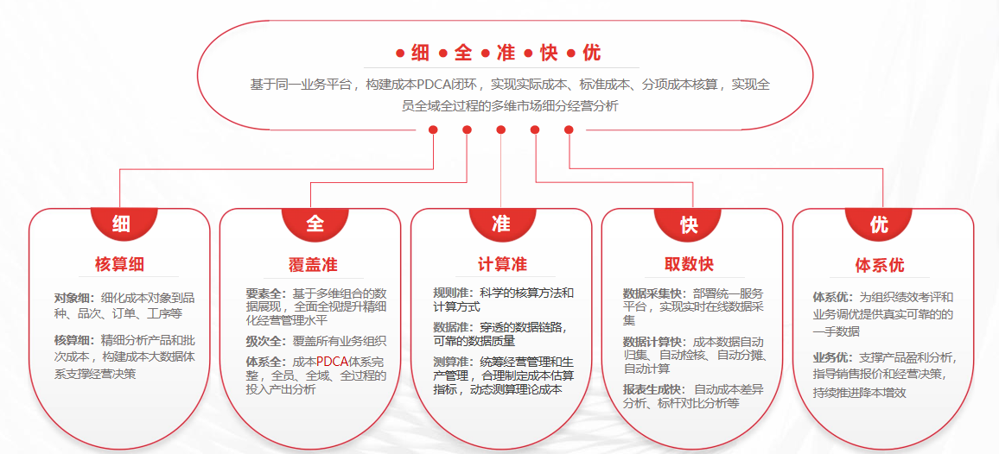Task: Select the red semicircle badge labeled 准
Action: [x=500, y=222]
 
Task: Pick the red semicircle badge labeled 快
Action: [x=689, y=222]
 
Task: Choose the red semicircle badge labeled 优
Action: [x=879, y=222]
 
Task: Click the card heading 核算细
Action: [x=119, y=263]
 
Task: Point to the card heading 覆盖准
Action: [x=313, y=264]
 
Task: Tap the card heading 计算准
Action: [x=502, y=263]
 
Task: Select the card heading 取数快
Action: [x=689, y=264]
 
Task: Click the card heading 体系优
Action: [x=880, y=264]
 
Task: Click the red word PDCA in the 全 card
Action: [x=331, y=362]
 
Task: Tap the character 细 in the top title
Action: [x=421, y=54]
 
